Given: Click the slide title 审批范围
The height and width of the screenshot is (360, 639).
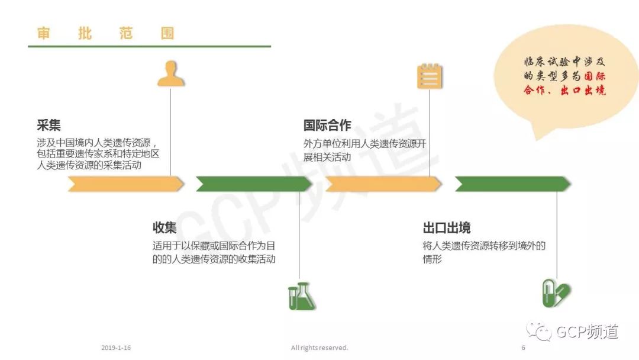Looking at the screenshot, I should (105, 33).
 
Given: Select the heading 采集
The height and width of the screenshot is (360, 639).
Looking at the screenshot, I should (49, 126).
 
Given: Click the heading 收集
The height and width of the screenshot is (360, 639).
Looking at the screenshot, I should (164, 228).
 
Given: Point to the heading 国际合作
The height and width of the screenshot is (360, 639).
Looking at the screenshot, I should (327, 126).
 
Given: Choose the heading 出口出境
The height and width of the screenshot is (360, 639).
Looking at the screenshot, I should (447, 228).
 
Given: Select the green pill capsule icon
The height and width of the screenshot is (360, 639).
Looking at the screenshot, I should (556, 294).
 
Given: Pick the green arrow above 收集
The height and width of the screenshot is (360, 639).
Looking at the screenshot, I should (254, 184).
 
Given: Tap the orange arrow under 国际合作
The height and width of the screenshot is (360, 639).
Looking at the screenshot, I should (383, 184).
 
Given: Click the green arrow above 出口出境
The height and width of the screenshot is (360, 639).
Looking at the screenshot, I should (512, 184).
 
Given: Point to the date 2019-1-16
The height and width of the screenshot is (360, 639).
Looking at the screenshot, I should (116, 348).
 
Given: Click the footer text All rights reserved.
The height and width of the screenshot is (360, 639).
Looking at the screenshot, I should (319, 348).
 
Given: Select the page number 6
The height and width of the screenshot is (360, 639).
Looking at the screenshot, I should (523, 348).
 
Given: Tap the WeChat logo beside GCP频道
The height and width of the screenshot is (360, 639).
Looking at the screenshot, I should (540, 332).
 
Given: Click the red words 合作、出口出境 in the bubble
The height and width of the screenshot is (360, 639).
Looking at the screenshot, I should (564, 91).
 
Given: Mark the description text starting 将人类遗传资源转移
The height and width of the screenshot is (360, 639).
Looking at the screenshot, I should (484, 252).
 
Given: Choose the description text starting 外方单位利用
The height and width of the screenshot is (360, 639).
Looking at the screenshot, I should (364, 150).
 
